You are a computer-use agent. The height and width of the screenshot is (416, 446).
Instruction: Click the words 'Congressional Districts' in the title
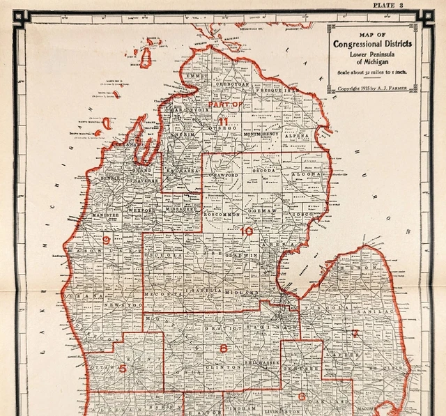(372, 44)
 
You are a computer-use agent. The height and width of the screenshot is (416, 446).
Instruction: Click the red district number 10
(247, 231)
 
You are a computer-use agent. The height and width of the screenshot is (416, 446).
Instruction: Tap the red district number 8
(223, 348)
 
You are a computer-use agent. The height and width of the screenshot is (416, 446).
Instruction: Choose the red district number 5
(123, 368)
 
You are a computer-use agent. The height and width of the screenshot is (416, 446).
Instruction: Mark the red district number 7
(355, 334)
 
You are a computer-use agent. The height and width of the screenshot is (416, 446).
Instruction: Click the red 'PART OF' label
(225, 104)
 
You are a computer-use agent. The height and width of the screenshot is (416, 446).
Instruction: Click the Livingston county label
(282, 412)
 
